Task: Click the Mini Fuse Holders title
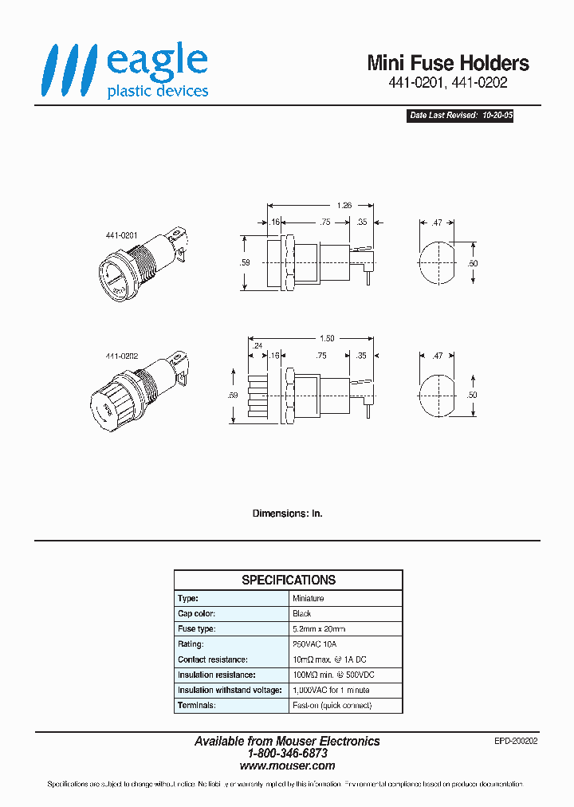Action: pyautogui.click(x=447, y=63)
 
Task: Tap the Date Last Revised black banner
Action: pyautogui.click(x=460, y=116)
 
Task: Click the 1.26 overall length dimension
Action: pyautogui.click(x=322, y=204)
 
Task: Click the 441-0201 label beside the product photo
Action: pyautogui.click(x=122, y=237)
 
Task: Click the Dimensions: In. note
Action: pyautogui.click(x=287, y=514)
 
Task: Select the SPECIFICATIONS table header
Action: pyautogui.click(x=289, y=580)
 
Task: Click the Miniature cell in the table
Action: pyautogui.click(x=309, y=598)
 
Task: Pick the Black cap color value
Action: pyautogui.click(x=302, y=613)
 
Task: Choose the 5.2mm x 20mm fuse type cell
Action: pyautogui.click(x=319, y=628)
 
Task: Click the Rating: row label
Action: pyautogui.click(x=191, y=644)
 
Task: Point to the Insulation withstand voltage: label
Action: pyautogui.click(x=230, y=690)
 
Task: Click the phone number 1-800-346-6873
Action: pyautogui.click(x=287, y=753)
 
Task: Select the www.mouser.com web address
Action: pyautogui.click(x=287, y=765)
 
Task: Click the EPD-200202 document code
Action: pyautogui.click(x=516, y=741)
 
